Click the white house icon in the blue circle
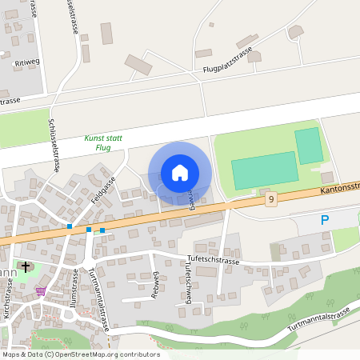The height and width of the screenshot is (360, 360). (180, 173)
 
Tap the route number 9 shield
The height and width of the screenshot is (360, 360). (272, 199)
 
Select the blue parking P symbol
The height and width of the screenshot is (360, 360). (325, 220)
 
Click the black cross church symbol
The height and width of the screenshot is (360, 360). (26, 266)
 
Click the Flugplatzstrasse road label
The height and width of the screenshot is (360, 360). (228, 60)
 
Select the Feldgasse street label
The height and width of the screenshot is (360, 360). (104, 192)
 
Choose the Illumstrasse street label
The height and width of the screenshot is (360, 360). (74, 289)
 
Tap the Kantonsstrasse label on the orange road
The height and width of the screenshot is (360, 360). (339, 189)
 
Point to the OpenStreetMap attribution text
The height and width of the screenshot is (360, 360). (80, 354)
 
